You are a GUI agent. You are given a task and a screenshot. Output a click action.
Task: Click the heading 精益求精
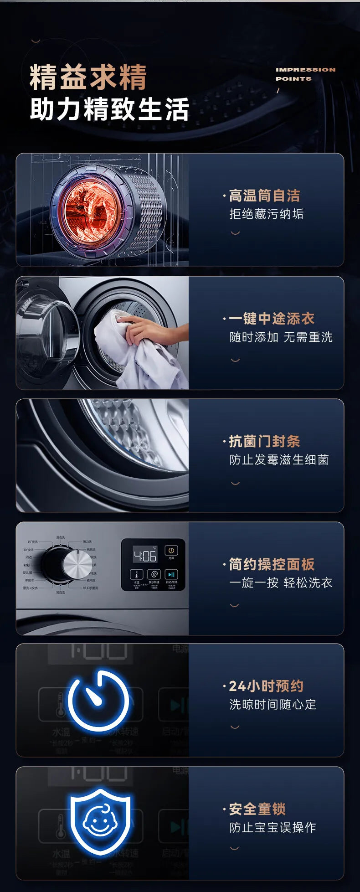click(88, 77)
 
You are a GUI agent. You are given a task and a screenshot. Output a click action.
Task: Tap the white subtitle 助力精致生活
click(109, 109)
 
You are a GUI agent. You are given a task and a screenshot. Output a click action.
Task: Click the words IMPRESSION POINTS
click(305, 74)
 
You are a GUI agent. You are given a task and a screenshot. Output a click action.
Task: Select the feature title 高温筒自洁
click(264, 196)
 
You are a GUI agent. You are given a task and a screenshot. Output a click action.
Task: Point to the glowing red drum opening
click(92, 211)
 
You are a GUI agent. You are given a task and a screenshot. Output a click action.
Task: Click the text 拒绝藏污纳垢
click(266, 214)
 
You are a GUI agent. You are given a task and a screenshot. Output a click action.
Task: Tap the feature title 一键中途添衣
click(272, 319)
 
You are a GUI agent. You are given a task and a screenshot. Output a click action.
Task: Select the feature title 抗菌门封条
click(264, 441)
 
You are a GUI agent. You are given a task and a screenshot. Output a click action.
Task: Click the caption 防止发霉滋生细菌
click(279, 459)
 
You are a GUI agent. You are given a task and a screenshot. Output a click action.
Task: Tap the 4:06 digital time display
click(144, 556)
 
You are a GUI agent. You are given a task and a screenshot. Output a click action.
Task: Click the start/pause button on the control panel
click(171, 575)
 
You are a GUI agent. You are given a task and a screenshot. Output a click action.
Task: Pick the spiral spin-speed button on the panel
click(154, 575)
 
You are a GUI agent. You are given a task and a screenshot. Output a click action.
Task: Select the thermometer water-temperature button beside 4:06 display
click(137, 575)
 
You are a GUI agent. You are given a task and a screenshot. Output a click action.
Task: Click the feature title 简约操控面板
click(272, 564)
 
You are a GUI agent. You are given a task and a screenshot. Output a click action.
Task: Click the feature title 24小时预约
click(266, 686)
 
